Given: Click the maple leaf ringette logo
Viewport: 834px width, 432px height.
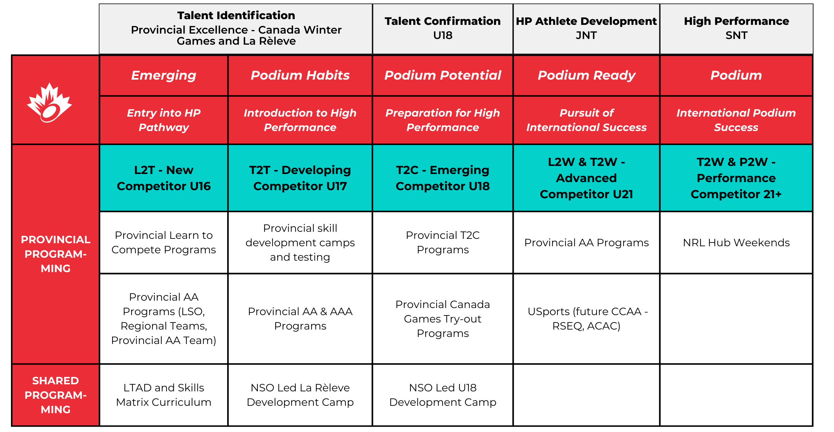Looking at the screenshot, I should click(49, 102).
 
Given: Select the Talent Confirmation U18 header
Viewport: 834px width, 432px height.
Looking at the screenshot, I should click(442, 28).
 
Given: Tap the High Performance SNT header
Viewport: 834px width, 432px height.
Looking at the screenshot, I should click(736, 28).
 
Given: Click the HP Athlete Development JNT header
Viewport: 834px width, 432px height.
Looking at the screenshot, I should click(586, 28).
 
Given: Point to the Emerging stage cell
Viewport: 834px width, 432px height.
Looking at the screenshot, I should click(163, 75).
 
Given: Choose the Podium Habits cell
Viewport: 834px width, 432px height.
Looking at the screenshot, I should click(300, 75).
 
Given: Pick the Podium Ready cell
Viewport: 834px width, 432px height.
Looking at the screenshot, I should click(586, 75).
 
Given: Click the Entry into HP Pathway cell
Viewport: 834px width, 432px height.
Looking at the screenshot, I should click(163, 120).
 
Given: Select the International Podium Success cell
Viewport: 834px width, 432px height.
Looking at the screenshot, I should click(736, 120).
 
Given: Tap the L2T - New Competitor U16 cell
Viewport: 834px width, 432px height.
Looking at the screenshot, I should click(163, 178).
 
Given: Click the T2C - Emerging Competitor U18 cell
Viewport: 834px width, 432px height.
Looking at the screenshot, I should click(442, 178).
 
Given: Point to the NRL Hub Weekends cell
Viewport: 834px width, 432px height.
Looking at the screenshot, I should click(736, 243).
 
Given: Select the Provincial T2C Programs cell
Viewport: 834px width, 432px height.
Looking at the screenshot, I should click(442, 243).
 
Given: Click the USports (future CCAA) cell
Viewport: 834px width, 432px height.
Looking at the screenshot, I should click(586, 318).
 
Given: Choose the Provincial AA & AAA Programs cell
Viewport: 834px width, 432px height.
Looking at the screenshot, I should click(300, 318).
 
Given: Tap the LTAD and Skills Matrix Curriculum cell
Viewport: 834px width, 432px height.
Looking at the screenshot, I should click(163, 395).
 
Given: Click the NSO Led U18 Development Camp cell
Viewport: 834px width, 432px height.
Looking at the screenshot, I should click(442, 395).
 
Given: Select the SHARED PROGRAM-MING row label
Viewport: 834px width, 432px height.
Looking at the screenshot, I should click(56, 395).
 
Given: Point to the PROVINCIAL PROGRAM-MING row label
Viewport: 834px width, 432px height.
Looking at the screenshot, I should click(56, 254).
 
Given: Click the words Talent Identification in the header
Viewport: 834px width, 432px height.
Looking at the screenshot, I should click(236, 15).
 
